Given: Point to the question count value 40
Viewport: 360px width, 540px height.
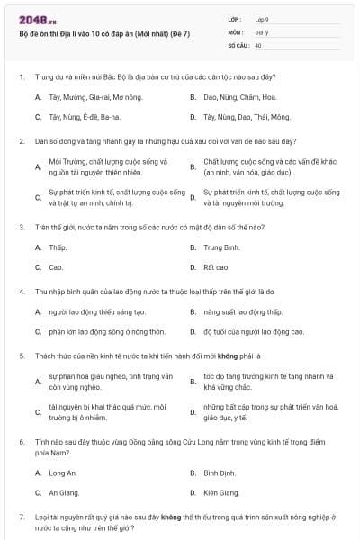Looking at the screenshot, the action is tap(258, 44).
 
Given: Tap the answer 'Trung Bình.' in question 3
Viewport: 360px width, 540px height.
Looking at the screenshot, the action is tap(221, 247).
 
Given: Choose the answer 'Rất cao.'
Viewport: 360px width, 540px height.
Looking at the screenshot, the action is tap(216, 267).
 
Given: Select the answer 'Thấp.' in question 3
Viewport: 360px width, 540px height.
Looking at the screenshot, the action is tap(58, 247).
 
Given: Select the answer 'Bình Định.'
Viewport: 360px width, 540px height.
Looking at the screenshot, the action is tap(220, 472).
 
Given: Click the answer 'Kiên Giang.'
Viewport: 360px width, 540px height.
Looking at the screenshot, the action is tap(221, 492).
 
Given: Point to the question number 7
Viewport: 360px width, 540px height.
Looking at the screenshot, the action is tap(21, 517).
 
